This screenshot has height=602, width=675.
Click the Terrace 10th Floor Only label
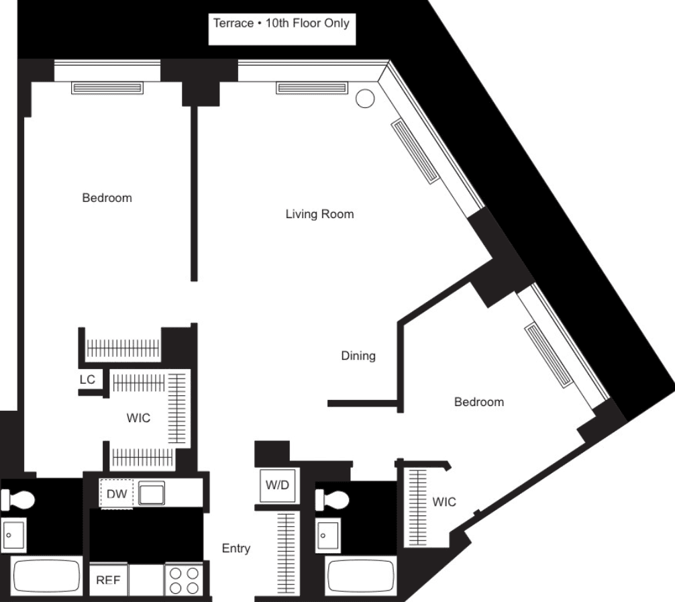click(x=282, y=23)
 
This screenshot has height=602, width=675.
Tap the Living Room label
click(x=320, y=214)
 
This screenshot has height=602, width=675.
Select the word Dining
click(x=358, y=356)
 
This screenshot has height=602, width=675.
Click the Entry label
click(x=236, y=548)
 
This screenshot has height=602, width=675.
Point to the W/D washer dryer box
click(x=277, y=485)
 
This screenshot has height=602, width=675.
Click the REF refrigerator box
click(x=109, y=580)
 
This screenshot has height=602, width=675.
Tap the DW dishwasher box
click(x=116, y=493)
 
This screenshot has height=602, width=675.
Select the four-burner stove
click(x=184, y=580)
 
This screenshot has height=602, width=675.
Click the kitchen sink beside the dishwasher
click(x=151, y=493)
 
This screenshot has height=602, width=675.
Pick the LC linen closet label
click(x=87, y=379)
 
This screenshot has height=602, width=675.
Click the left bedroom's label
click(x=107, y=198)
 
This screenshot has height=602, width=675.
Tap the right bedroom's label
click(x=479, y=402)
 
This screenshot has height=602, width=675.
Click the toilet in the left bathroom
click(x=18, y=499)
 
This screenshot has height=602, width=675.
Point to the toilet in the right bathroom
click(x=332, y=500)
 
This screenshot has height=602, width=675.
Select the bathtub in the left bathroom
click(x=46, y=576)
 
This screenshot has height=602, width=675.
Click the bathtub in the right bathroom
click(x=361, y=576)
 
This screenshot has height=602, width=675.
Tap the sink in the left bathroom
click(x=14, y=534)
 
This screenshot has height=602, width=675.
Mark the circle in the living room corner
click(x=365, y=98)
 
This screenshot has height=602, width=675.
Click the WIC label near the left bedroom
click(x=139, y=417)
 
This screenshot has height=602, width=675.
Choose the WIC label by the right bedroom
click(x=444, y=502)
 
